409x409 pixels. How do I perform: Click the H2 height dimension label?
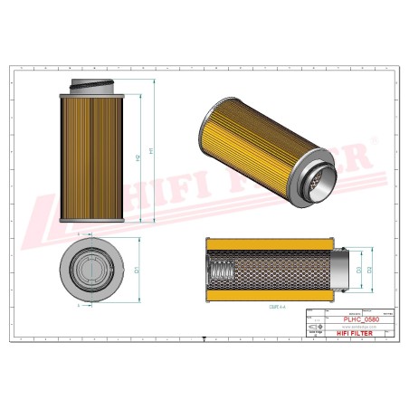138,157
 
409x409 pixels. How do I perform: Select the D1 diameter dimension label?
137,270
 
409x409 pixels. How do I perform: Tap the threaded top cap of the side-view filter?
91,85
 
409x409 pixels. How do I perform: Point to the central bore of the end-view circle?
91,269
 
